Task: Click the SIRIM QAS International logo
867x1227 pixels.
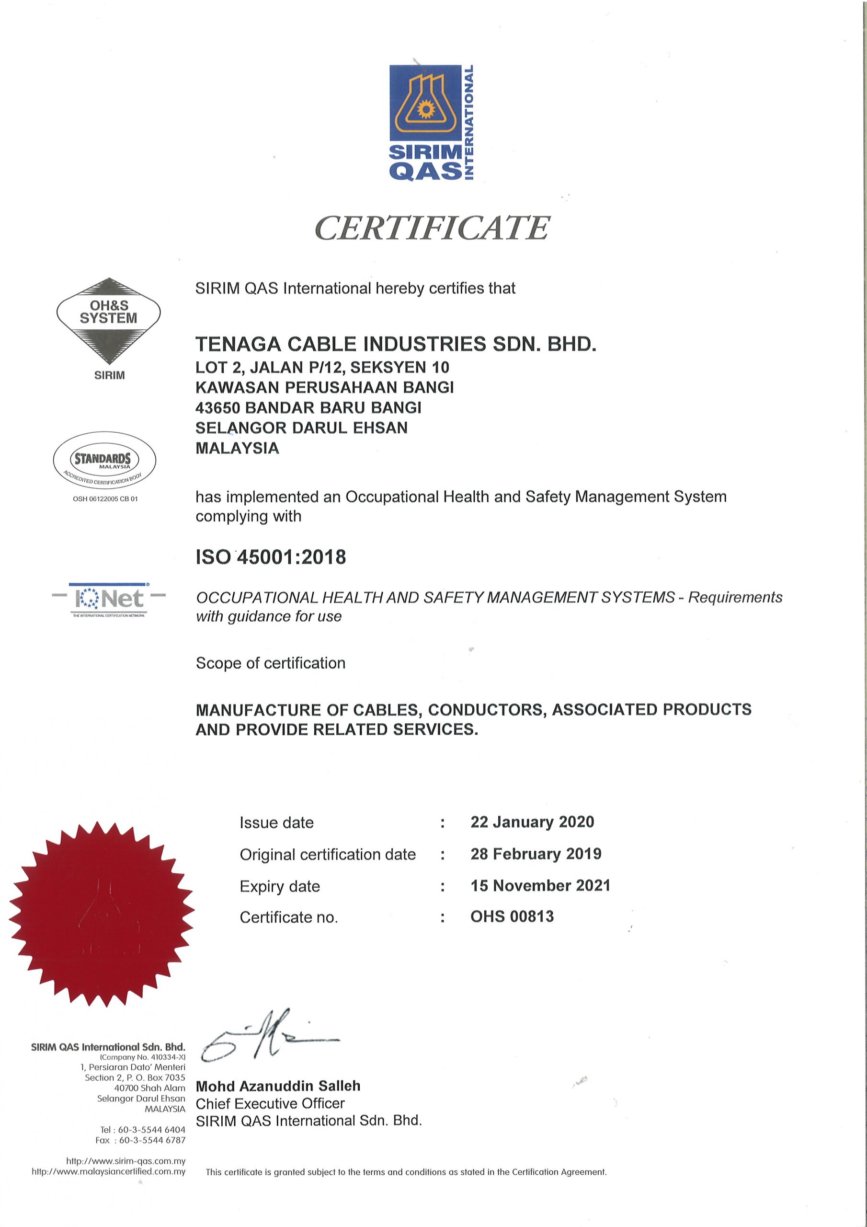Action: tap(432, 123)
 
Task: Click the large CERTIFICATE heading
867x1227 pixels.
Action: tap(432, 228)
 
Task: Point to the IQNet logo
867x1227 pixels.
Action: tap(109, 599)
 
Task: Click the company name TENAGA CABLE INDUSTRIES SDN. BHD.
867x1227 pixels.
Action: tap(395, 344)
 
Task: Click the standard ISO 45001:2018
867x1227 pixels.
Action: tap(271, 557)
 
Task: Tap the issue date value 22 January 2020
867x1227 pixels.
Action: tap(532, 822)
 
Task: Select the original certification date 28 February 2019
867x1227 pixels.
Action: tap(536, 854)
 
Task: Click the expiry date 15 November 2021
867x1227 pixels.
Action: tap(540, 886)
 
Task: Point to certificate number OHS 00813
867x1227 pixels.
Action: tap(512, 916)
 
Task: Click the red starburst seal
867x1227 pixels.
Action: tap(102, 915)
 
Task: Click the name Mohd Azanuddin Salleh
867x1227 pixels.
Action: tap(278, 1086)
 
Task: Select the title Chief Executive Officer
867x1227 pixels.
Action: tap(270, 1103)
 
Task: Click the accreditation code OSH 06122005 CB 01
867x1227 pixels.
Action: tap(105, 498)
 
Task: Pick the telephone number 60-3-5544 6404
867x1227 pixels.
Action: tap(151, 1130)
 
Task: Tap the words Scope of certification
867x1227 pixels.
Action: tap(270, 663)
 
